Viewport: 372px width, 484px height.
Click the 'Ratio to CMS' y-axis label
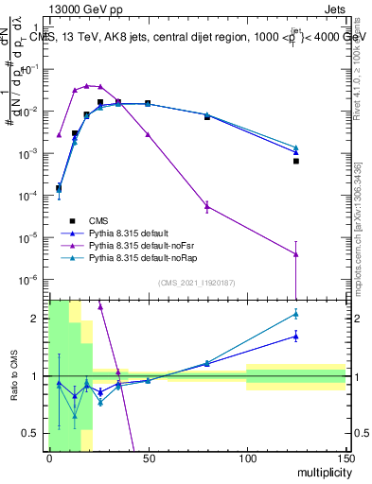(x=11, y=375)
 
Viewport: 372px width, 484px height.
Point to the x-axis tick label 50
(x=148, y=458)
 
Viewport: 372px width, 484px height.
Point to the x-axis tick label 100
(x=246, y=458)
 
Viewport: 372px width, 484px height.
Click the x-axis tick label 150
(x=345, y=458)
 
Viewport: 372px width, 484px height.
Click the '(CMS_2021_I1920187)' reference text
(x=196, y=283)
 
